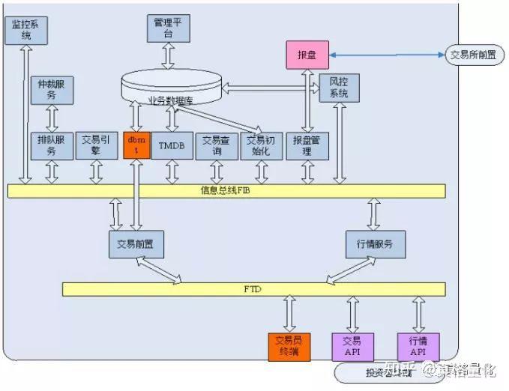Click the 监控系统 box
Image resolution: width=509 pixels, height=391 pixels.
tap(26, 29)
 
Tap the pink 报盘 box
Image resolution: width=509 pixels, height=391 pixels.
tap(307, 55)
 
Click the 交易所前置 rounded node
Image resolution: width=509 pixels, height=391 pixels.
tap(473, 55)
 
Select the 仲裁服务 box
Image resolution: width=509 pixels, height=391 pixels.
tap(52, 90)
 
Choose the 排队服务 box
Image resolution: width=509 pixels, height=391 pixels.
tap(52, 145)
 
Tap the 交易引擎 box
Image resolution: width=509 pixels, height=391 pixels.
tap(97, 145)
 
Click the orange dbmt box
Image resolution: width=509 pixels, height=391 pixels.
tap(136, 145)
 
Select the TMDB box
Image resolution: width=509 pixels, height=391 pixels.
tap(172, 145)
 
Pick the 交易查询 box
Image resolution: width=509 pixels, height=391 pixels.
tap(217, 145)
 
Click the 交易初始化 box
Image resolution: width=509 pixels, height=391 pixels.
tap(261, 145)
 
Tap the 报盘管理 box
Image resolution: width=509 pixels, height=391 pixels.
tap(307, 145)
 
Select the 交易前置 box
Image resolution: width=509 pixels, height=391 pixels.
tap(136, 243)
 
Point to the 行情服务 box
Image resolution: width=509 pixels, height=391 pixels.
tap(375, 243)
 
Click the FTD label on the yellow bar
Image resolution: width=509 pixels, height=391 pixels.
tap(253, 289)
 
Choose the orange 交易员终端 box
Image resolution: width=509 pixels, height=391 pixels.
tap(289, 345)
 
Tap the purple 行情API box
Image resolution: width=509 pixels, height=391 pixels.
tap(418, 345)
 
